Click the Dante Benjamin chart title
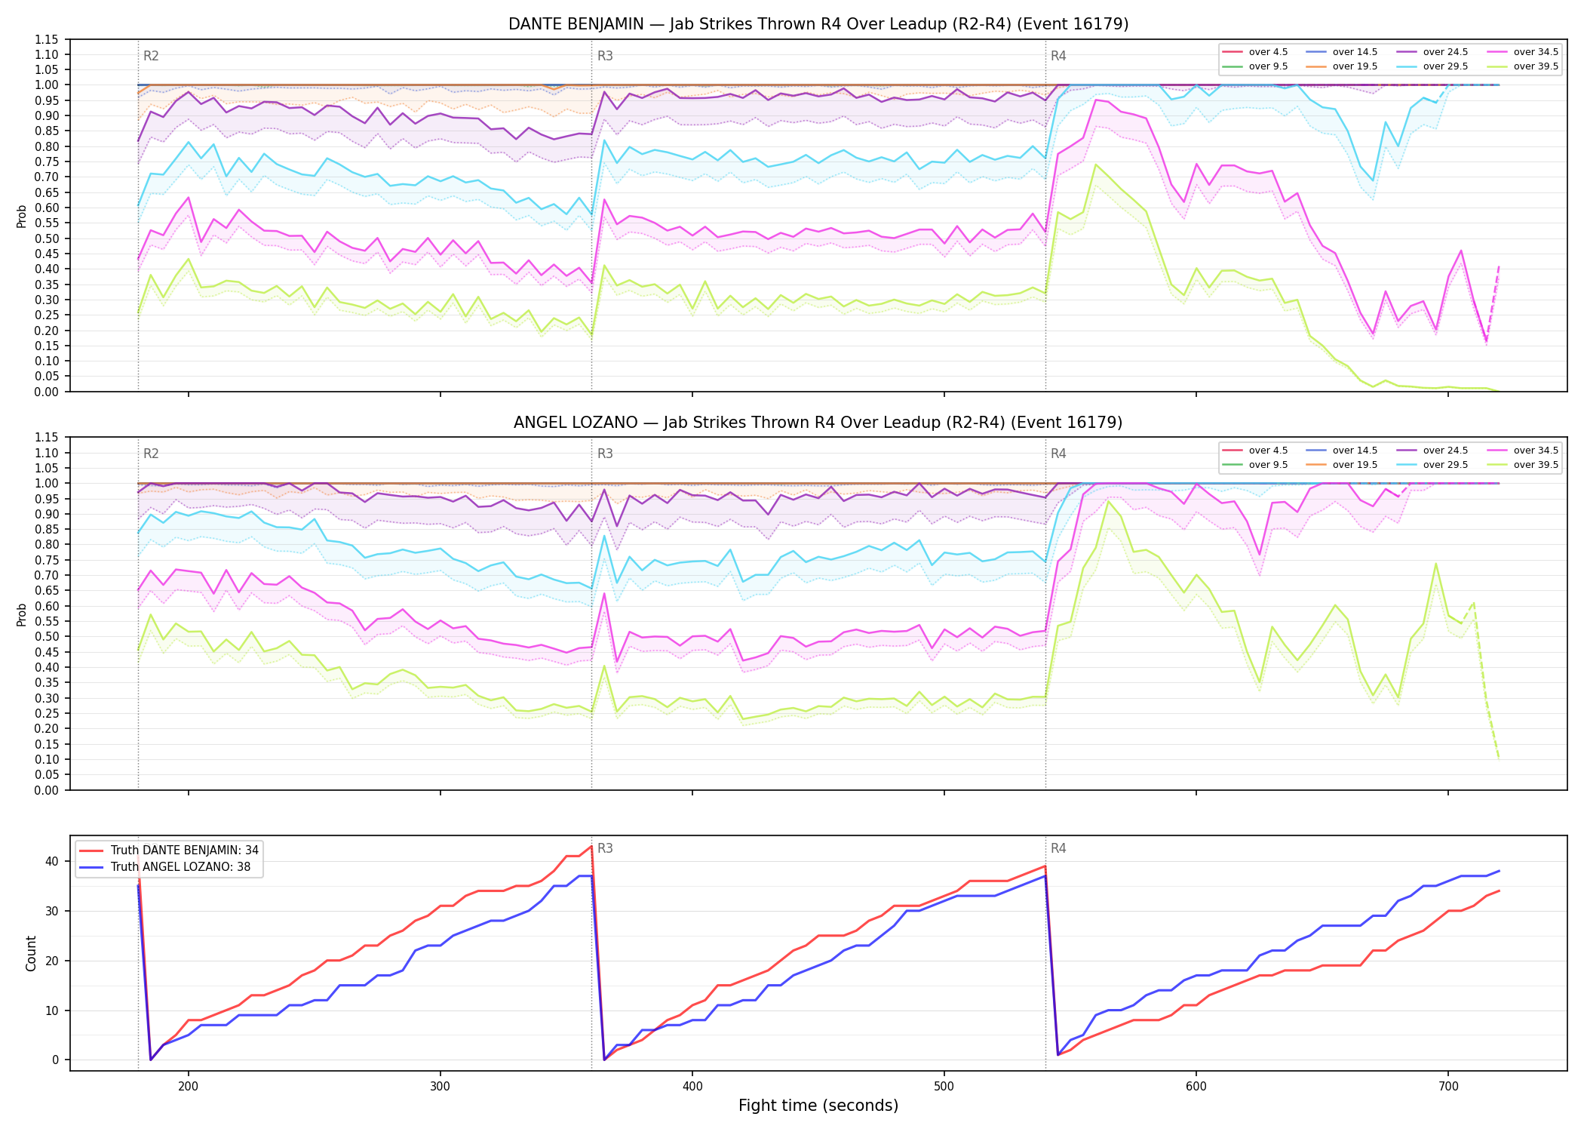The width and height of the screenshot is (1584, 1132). click(x=818, y=24)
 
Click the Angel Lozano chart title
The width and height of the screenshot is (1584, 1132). click(x=818, y=423)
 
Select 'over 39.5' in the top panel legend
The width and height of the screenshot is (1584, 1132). click(x=1536, y=66)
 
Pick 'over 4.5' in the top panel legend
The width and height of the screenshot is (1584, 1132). click(x=1268, y=52)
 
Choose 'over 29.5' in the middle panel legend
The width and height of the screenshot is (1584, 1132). click(x=1445, y=465)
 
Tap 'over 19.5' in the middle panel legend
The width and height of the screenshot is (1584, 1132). click(x=1355, y=465)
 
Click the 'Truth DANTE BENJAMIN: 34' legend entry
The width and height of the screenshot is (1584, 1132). click(x=185, y=851)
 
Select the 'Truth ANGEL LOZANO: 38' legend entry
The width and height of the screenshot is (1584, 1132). click(x=180, y=867)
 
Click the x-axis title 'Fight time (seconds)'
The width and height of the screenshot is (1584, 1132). click(x=818, y=1106)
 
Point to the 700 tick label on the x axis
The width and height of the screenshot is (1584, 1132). click(x=1447, y=1087)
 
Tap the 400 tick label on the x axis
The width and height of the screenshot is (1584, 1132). click(x=692, y=1087)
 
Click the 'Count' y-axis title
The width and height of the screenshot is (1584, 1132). click(x=31, y=953)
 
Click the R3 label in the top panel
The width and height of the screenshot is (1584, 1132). click(x=605, y=56)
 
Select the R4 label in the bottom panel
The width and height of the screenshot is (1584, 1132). click(x=1058, y=849)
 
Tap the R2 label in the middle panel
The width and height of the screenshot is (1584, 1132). click(x=151, y=454)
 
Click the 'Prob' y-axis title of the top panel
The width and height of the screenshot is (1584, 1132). click(x=22, y=217)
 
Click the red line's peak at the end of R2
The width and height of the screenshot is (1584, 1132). click(x=591, y=846)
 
